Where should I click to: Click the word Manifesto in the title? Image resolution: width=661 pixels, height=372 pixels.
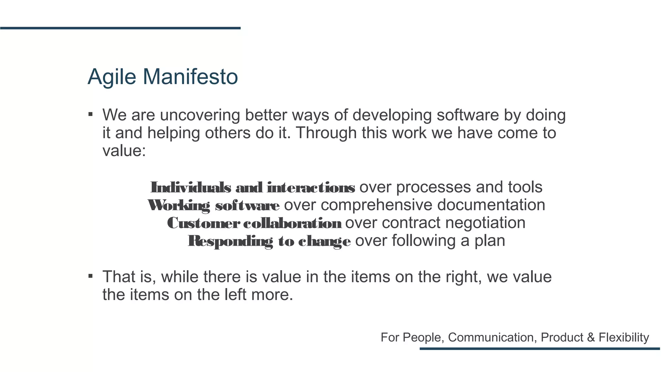190,77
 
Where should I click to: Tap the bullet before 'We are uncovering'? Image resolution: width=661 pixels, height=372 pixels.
91,114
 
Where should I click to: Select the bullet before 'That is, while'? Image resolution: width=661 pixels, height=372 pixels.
91,276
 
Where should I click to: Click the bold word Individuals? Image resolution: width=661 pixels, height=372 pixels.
191,187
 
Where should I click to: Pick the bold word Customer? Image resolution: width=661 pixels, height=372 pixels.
203,223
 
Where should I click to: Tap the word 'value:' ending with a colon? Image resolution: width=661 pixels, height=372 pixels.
124,150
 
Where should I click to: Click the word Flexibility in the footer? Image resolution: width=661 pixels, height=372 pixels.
624,337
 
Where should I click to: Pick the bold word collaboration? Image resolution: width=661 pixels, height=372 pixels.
292,223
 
